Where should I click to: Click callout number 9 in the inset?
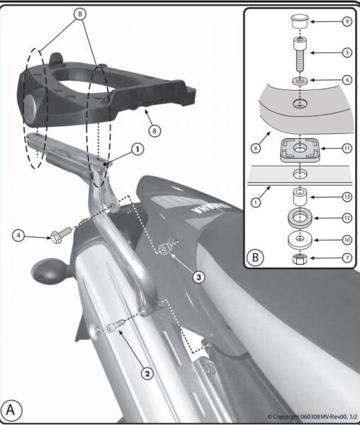(x=347, y=21)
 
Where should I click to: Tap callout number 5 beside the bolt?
(x=347, y=52)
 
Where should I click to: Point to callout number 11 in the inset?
(x=347, y=149)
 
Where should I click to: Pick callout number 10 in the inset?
(x=347, y=239)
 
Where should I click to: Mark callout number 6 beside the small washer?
(x=347, y=81)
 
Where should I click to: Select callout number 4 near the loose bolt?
(x=20, y=234)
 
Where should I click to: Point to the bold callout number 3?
(x=199, y=278)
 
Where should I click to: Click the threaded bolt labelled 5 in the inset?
(x=300, y=53)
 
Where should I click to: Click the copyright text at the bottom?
(x=311, y=416)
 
